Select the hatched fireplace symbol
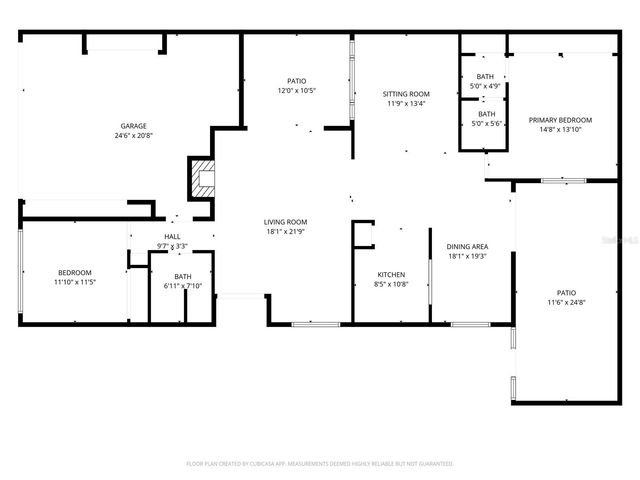coord(203,178)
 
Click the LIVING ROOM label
coord(285,222)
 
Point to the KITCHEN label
coord(391,274)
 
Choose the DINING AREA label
coord(467,246)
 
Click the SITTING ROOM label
coord(406,94)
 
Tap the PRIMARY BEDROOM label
coord(560,120)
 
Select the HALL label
coord(172,237)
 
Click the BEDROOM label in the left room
coord(74,272)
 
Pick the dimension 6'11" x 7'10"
coord(183,286)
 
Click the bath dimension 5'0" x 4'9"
coord(485,86)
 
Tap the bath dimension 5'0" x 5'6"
coord(485,123)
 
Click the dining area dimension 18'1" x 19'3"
coord(467,256)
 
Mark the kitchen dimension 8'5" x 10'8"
coord(391,284)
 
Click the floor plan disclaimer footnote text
coord(320,464)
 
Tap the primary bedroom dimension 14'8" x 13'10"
coord(560,130)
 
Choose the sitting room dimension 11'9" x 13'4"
coord(406,104)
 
